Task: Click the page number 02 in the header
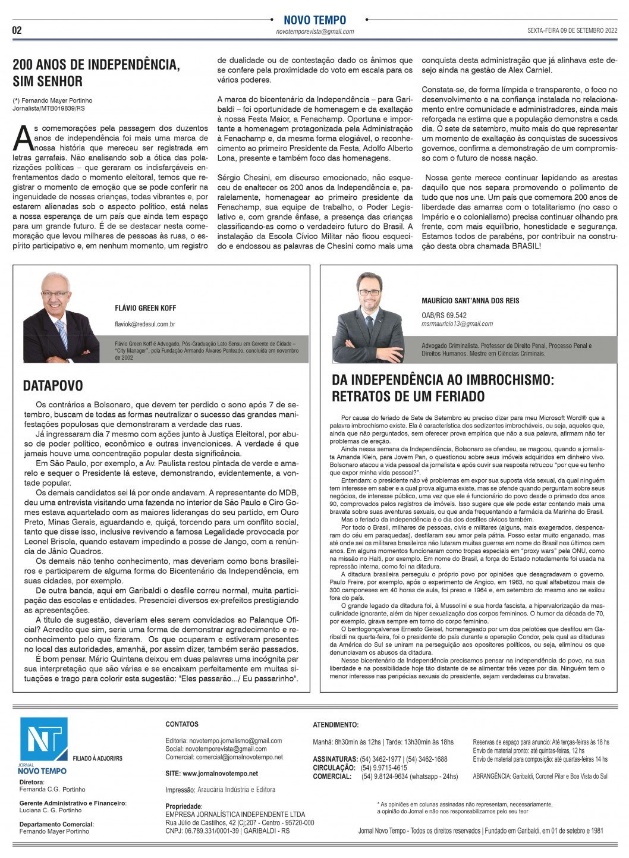[x=17, y=30]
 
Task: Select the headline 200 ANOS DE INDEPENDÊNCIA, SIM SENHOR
[x=96, y=73]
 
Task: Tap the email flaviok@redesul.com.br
[x=145, y=324]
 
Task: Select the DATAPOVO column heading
[x=53, y=386]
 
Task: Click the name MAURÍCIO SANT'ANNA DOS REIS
[x=470, y=300]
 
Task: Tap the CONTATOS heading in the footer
[x=182, y=724]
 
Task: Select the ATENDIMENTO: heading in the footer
[x=335, y=725]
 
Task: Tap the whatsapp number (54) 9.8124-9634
[x=389, y=777]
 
